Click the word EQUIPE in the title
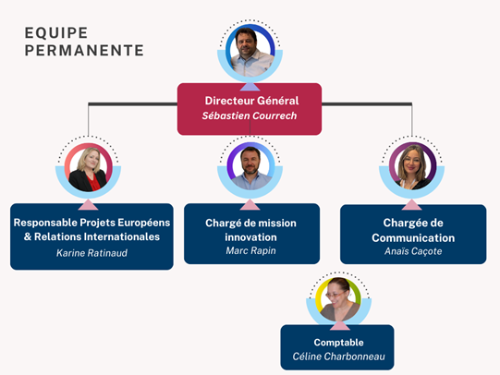pyautogui.click(x=56, y=33)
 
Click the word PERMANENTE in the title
pyautogui.click(x=84, y=51)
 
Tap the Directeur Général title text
pyautogui.click(x=251, y=101)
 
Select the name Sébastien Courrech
pyautogui.click(x=250, y=115)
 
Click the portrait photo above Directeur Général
pyautogui.click(x=250, y=51)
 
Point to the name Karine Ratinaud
pyautogui.click(x=91, y=253)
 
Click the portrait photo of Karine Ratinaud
pyautogui.click(x=89, y=168)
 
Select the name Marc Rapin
pyautogui.click(x=251, y=250)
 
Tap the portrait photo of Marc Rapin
pyautogui.click(x=250, y=167)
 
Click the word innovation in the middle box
pyautogui.click(x=251, y=237)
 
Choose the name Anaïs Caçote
pyautogui.click(x=413, y=251)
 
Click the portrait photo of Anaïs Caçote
pyautogui.click(x=412, y=166)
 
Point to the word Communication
pyautogui.click(x=413, y=238)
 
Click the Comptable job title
pyautogui.click(x=338, y=343)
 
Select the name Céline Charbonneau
pyautogui.click(x=338, y=357)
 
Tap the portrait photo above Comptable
pyautogui.click(x=339, y=299)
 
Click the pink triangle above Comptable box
pyautogui.click(x=340, y=326)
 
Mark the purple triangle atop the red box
pyautogui.click(x=250, y=87)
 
